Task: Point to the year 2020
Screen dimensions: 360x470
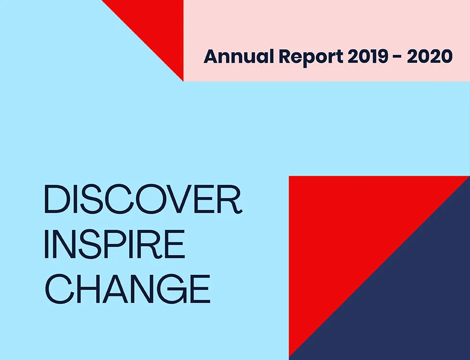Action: coord(429,56)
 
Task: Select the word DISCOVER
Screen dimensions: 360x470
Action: coord(143,200)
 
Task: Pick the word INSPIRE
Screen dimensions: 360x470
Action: coord(115,244)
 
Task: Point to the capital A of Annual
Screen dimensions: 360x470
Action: coord(211,56)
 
